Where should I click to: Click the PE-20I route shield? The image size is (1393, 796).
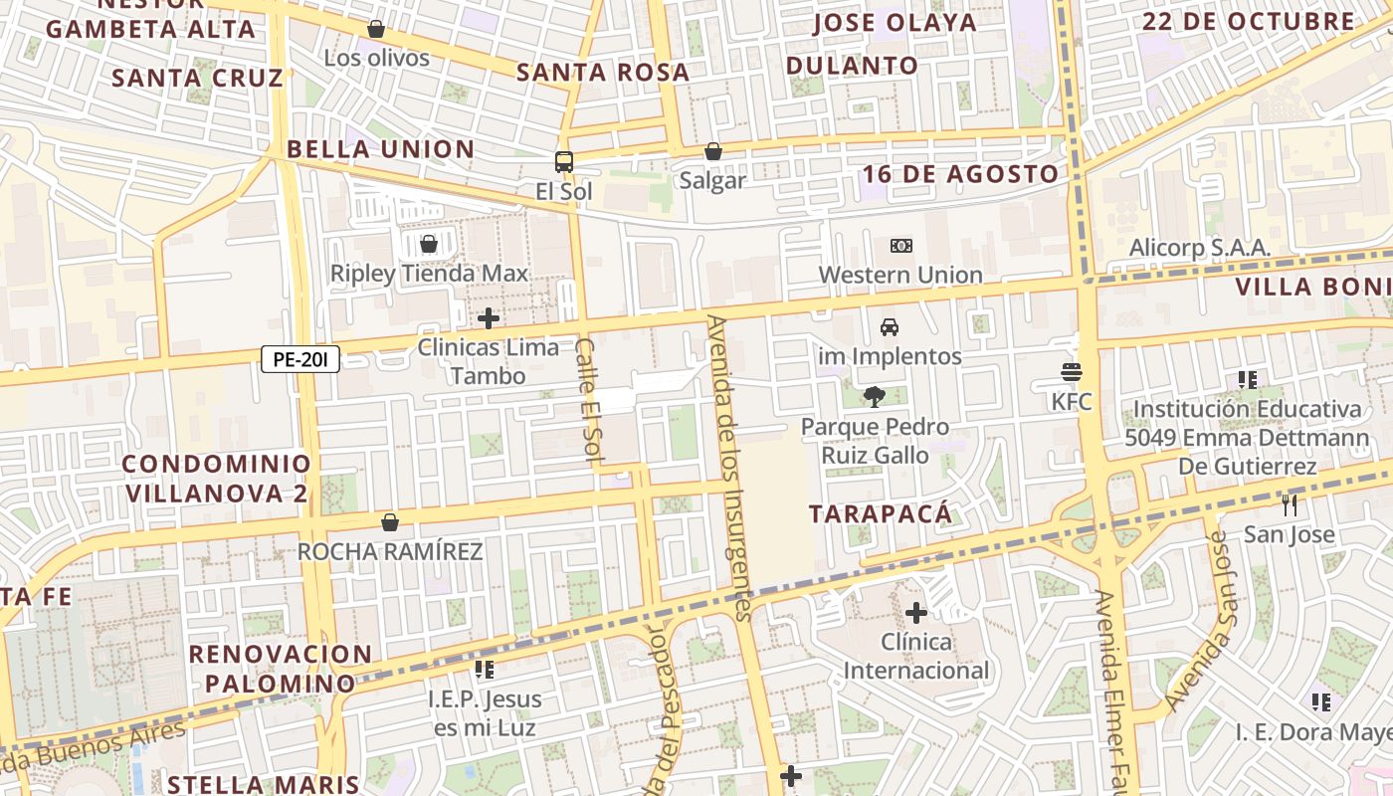(x=300, y=359)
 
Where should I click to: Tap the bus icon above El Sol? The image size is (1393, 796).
(x=564, y=161)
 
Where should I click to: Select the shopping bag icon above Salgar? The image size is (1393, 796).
(x=712, y=151)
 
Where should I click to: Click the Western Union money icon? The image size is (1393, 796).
(x=900, y=245)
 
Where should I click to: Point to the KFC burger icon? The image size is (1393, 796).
(x=1072, y=372)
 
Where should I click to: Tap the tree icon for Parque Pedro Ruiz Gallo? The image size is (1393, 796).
(x=874, y=397)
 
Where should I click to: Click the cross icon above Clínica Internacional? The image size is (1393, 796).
(x=916, y=612)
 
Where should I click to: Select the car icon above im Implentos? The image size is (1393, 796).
(x=890, y=326)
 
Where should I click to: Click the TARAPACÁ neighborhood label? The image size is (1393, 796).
(x=881, y=514)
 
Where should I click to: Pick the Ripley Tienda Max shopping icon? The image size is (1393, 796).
(x=429, y=244)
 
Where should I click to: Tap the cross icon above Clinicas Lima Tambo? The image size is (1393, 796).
(x=488, y=318)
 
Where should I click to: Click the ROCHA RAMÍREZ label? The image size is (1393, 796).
(x=390, y=551)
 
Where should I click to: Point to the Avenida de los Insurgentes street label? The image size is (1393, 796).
(x=731, y=468)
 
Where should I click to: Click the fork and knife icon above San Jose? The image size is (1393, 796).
(x=1290, y=504)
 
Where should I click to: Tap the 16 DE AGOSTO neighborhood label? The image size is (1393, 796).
(x=960, y=174)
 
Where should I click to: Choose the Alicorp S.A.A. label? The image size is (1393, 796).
(x=1199, y=248)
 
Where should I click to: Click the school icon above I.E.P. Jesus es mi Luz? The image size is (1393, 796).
(x=485, y=670)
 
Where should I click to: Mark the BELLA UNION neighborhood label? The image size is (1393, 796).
(x=380, y=149)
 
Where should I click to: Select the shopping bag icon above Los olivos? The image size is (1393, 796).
(x=376, y=29)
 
